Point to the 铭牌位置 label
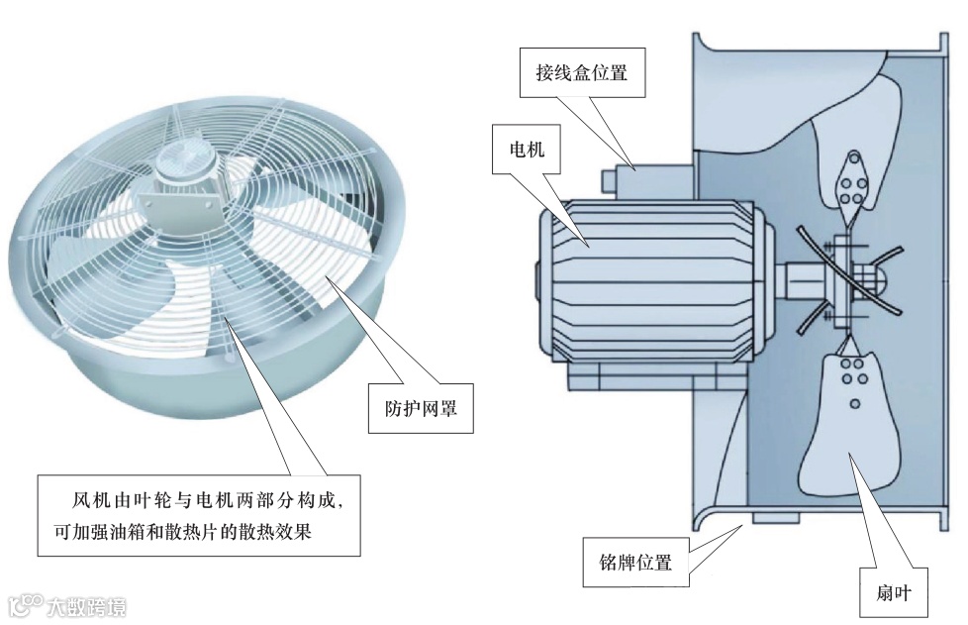coord(635,563)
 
